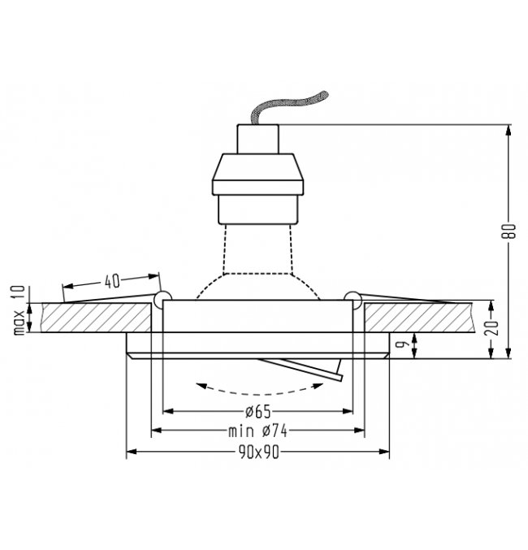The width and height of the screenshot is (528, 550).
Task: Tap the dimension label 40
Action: point(112,281)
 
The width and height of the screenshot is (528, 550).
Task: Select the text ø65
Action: point(258,411)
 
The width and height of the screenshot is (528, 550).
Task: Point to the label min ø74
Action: point(258,431)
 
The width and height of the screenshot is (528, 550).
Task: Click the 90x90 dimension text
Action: point(259,453)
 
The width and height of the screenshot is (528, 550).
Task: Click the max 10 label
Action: point(19,310)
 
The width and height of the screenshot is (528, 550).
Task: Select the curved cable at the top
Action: point(288,106)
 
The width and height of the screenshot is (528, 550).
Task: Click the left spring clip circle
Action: point(162,299)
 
